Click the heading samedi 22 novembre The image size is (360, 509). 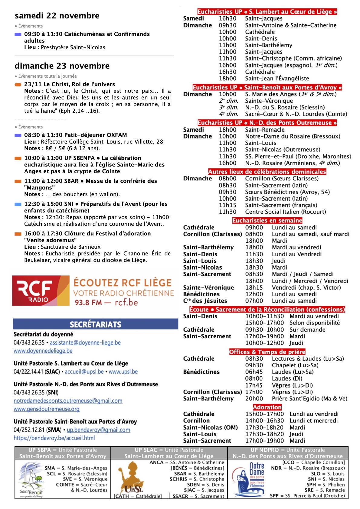pyautogui.click(x=57, y=16)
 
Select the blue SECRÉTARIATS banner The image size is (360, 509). pyautogui.click(x=95, y=324)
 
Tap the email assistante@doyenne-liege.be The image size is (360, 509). pyautogui.click(x=85, y=342)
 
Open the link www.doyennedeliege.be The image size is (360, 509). pyautogui.click(x=43, y=351)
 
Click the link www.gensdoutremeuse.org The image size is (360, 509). pyautogui.click(x=46, y=409)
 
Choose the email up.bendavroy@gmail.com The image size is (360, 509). pyautogui.click(x=98, y=430)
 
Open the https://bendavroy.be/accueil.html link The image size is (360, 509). pyautogui.click(x=54, y=438)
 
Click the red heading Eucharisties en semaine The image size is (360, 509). pyautogui.click(x=267, y=221)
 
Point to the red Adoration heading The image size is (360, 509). pyautogui.click(x=267, y=407)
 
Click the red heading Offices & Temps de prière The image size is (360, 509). pyautogui.click(x=267, y=352)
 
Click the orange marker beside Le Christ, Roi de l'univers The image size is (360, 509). pyautogui.click(x=18, y=85)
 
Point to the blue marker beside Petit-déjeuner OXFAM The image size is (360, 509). pyautogui.click(x=18, y=135)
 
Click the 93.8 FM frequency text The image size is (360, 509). pyautogui.click(x=88, y=302)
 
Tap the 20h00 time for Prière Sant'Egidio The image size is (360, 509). pyautogui.click(x=254, y=399)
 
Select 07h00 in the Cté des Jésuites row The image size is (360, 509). pyautogui.click(x=254, y=301)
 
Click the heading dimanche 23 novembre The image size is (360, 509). pyautogui.click(x=62, y=66)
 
